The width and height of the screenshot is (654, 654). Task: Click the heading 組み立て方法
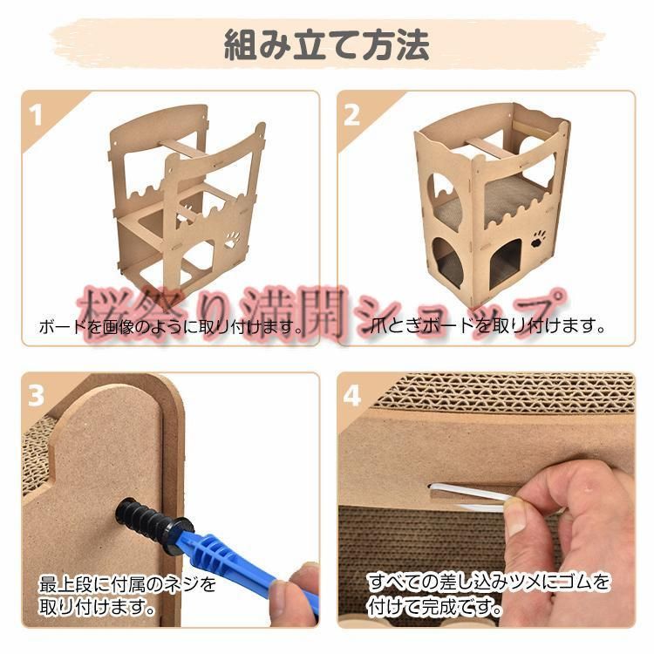(x=327, y=45)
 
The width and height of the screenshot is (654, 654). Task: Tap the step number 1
(x=37, y=115)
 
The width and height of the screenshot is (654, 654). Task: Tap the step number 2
(x=351, y=115)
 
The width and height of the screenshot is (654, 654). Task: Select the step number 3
(x=36, y=395)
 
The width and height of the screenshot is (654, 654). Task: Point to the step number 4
(x=351, y=395)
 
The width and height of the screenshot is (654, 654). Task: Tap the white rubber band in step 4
(x=471, y=496)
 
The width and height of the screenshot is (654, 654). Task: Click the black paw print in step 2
(x=539, y=239)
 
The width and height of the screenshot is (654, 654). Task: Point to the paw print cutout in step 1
(x=232, y=241)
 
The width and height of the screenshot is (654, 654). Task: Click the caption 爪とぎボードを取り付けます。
(x=488, y=326)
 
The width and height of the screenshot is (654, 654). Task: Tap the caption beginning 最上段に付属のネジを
(x=127, y=596)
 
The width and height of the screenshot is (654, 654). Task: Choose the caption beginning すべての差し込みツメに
(x=488, y=595)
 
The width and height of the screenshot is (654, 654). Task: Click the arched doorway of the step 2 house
(x=506, y=263)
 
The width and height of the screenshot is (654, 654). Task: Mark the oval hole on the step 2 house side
(x=444, y=260)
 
